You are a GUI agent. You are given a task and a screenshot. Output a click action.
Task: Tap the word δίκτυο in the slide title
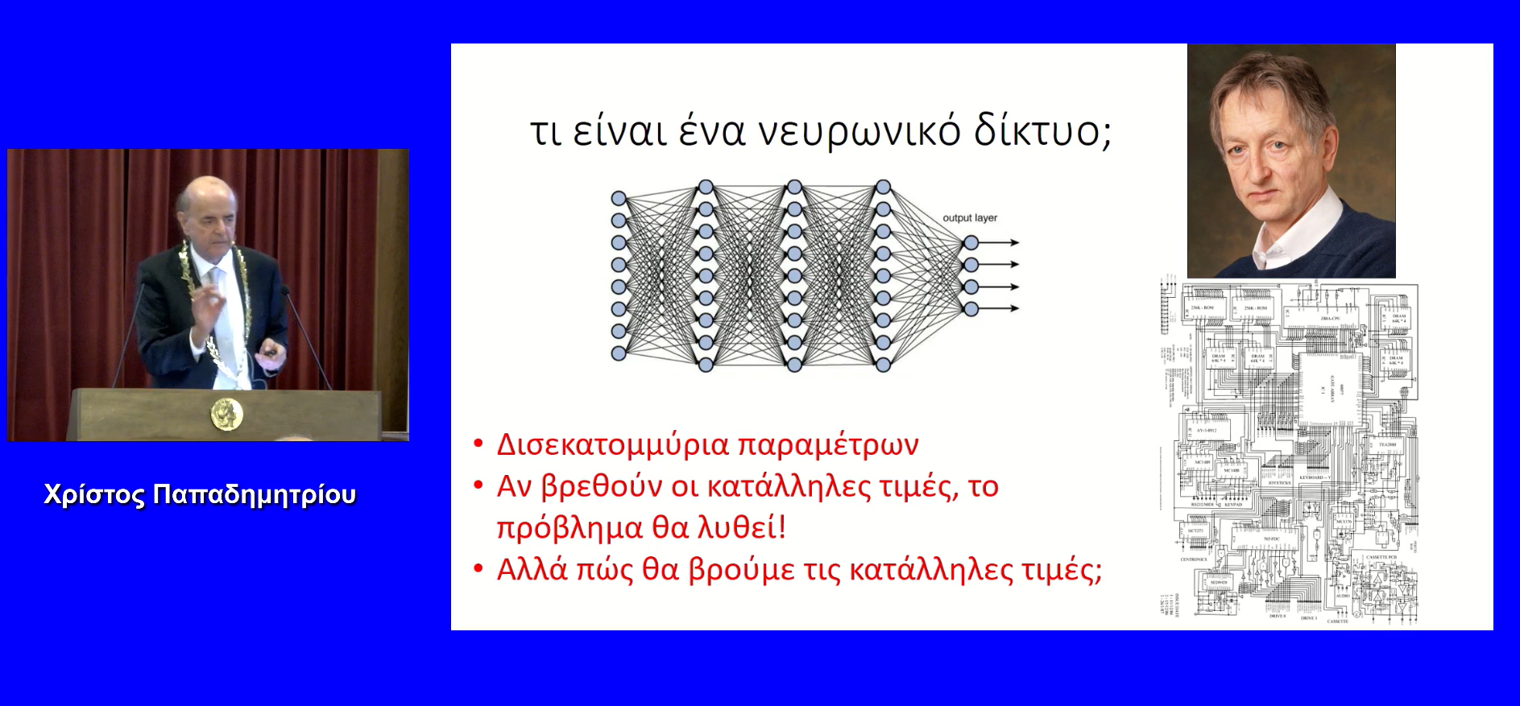coord(1042,131)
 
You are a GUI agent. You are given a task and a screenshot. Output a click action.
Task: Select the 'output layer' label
coord(970,218)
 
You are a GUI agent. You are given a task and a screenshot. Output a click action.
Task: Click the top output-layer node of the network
coord(971,242)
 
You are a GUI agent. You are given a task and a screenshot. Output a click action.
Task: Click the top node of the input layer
coord(619,198)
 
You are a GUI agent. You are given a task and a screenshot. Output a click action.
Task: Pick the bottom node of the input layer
coord(619,353)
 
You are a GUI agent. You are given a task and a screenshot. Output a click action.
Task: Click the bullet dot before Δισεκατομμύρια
coord(478,444)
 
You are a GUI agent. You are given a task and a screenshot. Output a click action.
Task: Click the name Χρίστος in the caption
coord(94,494)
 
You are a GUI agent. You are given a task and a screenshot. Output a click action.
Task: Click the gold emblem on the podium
coord(226,414)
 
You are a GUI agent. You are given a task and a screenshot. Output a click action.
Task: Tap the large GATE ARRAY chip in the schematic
coord(1330,390)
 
